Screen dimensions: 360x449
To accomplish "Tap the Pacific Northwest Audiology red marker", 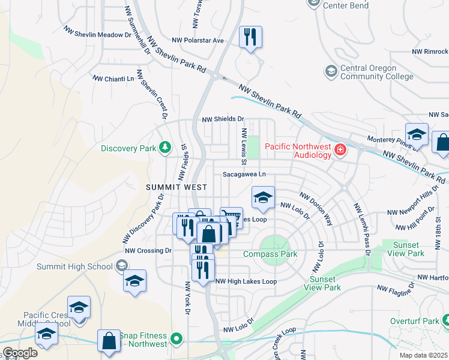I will [341, 149].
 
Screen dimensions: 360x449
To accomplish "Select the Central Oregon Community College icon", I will [330, 72].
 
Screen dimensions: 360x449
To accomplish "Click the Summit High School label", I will [74, 266].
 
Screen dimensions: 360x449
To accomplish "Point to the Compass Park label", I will [270, 254].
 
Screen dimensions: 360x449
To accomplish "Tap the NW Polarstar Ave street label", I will [197, 40].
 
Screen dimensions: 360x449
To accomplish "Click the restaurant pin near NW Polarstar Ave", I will [250, 38].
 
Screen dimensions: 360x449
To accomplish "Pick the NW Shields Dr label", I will [223, 119].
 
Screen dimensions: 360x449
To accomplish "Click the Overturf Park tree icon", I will [444, 321].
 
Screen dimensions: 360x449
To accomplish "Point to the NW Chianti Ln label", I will [113, 79].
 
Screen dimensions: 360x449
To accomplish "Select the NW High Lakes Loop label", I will [246, 281].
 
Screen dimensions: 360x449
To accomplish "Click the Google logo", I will [20, 353].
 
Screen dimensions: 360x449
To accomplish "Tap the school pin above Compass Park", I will [262, 198].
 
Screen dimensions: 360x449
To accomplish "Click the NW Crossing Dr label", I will [148, 250].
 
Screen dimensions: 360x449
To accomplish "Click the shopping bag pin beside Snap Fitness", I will [110, 341].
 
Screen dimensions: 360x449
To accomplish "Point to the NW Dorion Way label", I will [317, 209].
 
